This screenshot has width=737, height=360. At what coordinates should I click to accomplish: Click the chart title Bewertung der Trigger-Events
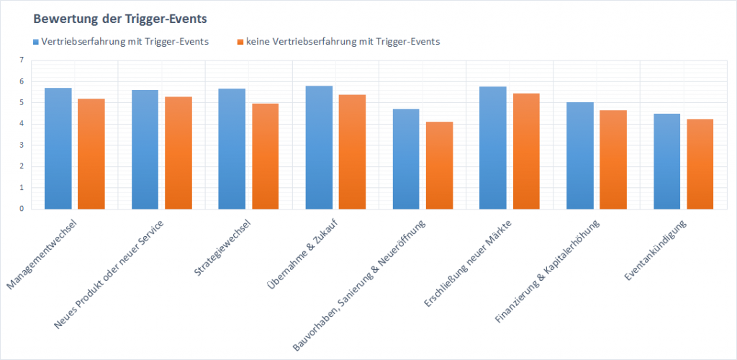114,17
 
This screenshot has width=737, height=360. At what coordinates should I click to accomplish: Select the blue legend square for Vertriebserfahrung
36,42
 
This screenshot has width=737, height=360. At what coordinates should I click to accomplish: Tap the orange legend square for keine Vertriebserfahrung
240,42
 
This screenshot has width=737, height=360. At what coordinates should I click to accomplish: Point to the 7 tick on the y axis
22,60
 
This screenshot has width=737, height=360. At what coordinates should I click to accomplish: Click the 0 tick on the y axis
22,209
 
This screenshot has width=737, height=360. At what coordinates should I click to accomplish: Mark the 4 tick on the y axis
22,124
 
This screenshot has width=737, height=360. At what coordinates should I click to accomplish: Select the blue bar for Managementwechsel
58,148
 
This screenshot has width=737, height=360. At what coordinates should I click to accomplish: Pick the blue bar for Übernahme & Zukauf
319,148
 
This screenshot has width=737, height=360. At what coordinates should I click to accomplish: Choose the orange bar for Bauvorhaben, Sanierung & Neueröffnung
439,166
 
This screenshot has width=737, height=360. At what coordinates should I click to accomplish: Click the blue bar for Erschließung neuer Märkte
493,148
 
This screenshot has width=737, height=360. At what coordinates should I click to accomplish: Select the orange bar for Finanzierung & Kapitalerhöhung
612,160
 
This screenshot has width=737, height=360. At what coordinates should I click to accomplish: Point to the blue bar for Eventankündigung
666,161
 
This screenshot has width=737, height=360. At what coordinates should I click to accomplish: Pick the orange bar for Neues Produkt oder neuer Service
178,153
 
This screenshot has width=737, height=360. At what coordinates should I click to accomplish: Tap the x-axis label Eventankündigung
656,249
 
